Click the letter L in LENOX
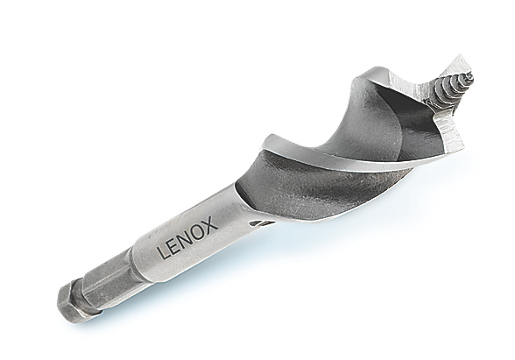point(163,252)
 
